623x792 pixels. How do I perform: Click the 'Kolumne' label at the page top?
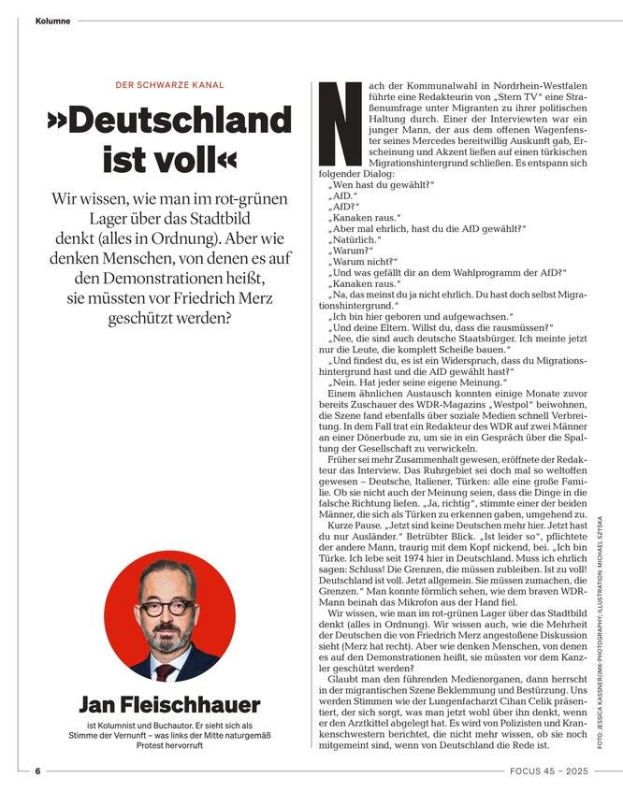pos(52,21)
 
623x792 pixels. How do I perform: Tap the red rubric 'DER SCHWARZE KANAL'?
pos(169,85)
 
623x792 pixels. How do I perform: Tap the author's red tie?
pos(167,670)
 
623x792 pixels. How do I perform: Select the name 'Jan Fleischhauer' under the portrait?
pos(169,704)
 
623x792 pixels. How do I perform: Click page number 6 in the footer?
pos(38,771)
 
